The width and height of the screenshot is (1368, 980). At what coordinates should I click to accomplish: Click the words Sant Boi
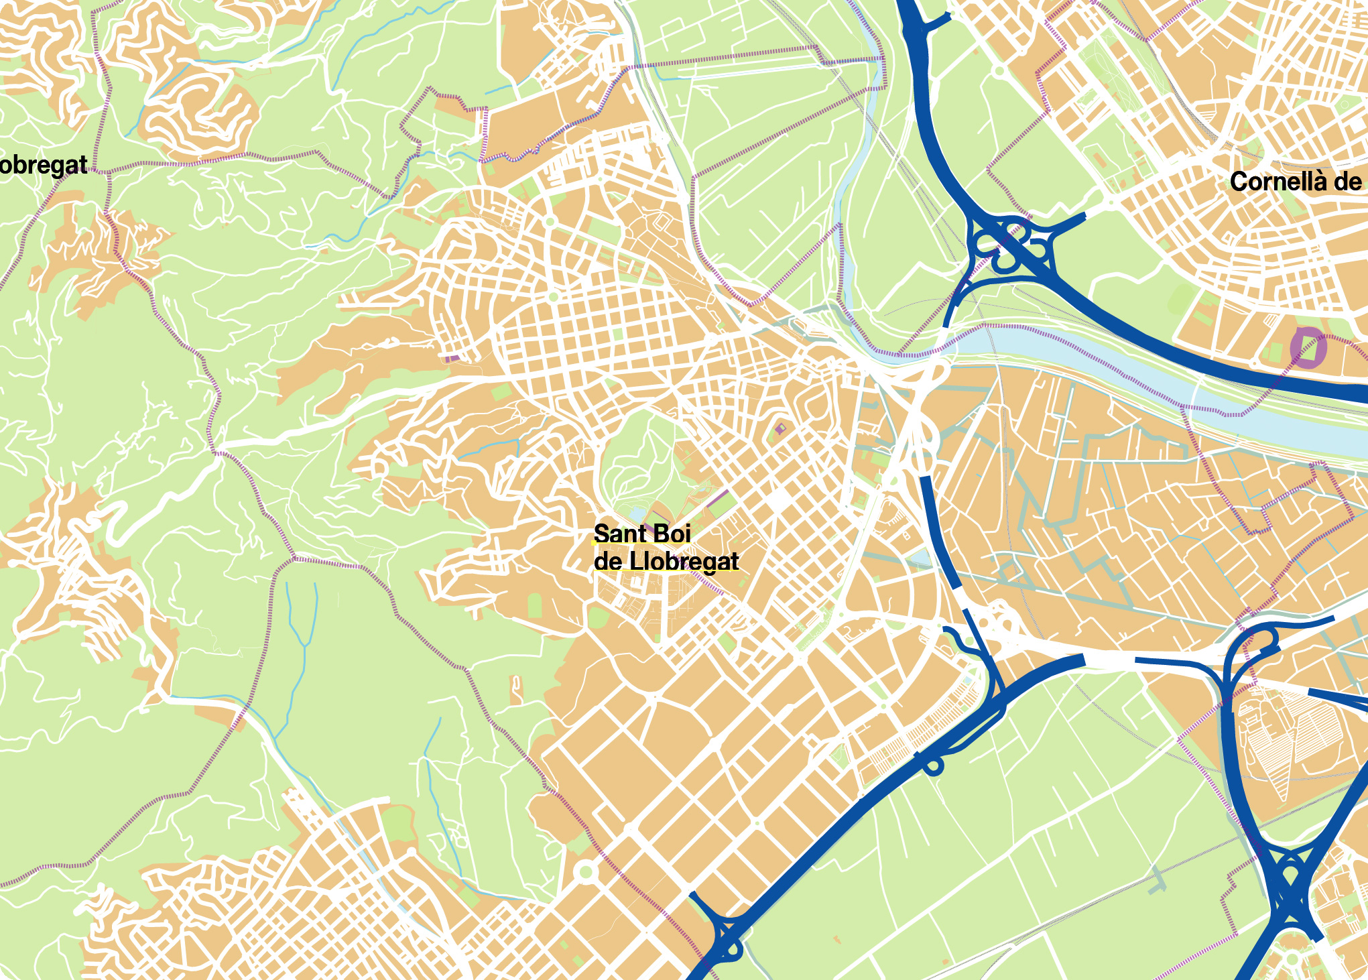click(641, 534)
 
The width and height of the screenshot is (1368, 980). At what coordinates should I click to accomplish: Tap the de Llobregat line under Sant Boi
click(666, 562)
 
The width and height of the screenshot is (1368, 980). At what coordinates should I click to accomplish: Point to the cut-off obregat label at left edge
click(43, 165)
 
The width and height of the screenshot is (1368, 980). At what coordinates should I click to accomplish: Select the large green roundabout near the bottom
click(586, 871)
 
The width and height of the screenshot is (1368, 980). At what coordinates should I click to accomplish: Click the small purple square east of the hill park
click(780, 428)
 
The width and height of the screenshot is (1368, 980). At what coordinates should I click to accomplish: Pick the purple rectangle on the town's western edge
click(452, 359)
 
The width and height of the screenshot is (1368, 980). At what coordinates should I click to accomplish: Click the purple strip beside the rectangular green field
click(717, 498)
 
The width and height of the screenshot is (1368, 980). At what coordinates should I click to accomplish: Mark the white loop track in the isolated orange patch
click(515, 685)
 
